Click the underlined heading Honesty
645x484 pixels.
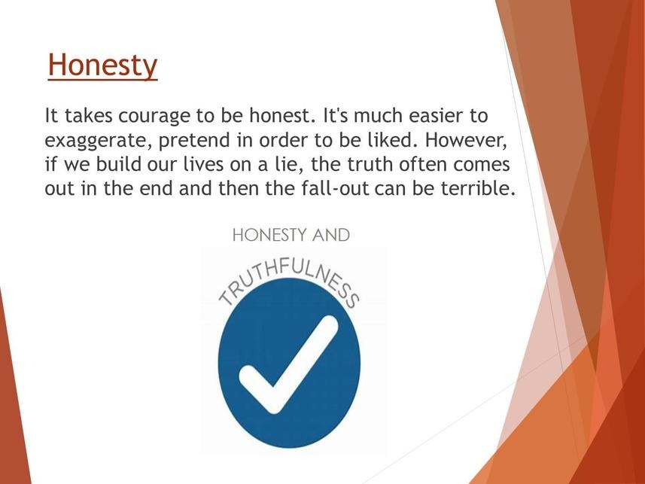[102, 65]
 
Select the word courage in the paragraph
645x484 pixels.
[153, 117]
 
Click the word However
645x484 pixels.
[467, 141]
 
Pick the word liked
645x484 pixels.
[388, 139]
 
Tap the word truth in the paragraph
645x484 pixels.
[370, 164]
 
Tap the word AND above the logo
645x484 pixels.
[330, 236]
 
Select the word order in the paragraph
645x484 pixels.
[283, 140]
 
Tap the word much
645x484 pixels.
[378, 116]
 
